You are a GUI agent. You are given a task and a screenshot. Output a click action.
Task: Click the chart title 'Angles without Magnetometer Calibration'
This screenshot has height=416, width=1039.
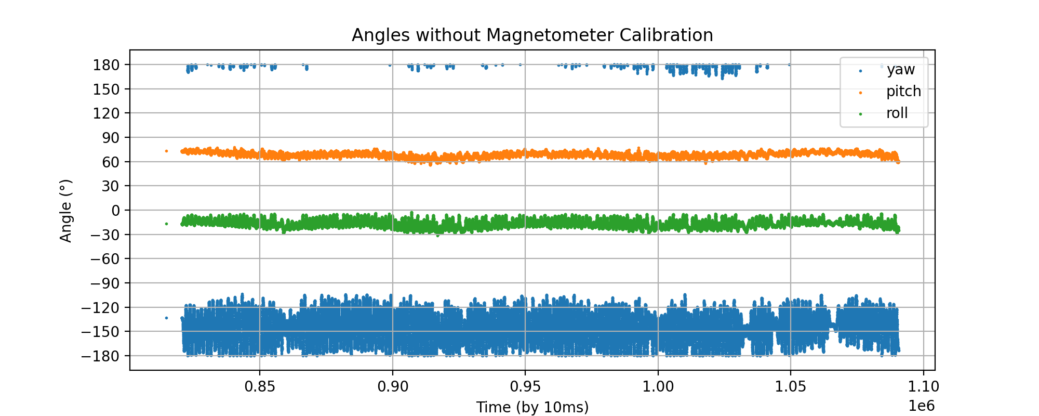[x=532, y=35]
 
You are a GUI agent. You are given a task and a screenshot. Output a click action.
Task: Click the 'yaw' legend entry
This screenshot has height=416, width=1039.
[x=900, y=70]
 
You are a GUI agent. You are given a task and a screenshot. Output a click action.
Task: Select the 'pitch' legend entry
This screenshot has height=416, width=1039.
[x=903, y=92]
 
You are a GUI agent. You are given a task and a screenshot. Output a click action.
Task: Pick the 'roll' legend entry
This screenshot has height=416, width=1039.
[x=897, y=113]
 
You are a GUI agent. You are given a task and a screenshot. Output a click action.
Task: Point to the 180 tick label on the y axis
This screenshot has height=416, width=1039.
[x=106, y=65]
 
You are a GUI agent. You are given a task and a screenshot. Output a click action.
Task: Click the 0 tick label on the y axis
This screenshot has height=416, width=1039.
[x=115, y=211]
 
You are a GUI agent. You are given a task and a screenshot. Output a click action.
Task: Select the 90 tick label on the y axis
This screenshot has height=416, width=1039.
[x=110, y=138]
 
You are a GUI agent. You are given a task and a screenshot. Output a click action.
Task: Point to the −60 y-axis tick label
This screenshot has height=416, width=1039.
[x=106, y=259]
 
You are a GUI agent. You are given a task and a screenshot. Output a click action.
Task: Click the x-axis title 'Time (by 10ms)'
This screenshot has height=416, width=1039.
[x=532, y=407]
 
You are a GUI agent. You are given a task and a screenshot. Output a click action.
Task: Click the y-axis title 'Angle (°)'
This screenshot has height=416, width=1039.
[x=66, y=211]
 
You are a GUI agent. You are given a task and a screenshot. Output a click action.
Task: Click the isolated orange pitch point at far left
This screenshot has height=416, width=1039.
[x=166, y=151]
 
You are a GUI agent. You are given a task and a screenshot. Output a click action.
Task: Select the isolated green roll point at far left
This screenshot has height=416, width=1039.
[x=166, y=224]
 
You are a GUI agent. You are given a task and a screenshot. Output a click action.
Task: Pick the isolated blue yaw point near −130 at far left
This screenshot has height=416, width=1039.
[x=166, y=318]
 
